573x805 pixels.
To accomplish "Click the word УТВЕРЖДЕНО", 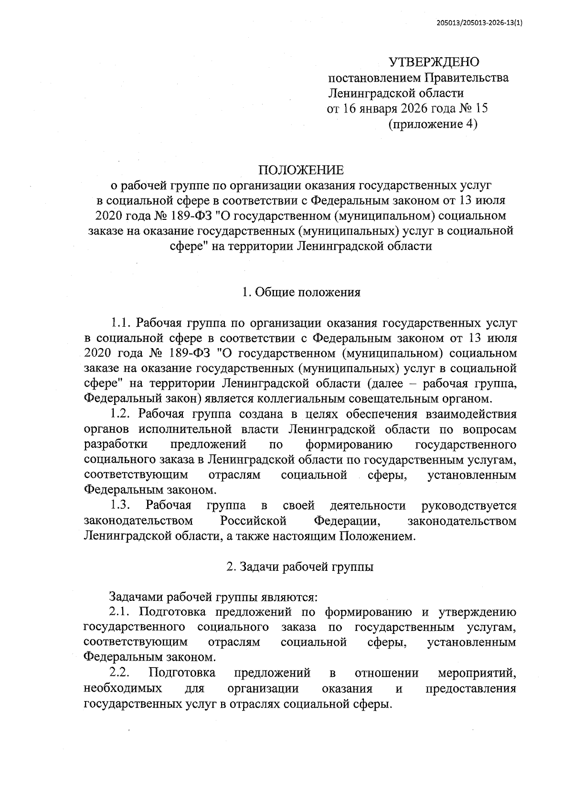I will tap(434, 62).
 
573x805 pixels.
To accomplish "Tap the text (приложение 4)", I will tap(433, 124).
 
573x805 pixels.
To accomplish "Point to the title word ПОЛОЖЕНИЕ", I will tap(301, 170).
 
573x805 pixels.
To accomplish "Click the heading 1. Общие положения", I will tap(301, 292).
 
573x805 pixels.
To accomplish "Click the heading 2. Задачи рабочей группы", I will tap(300, 567).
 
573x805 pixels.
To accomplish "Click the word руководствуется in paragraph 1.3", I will tap(469, 506).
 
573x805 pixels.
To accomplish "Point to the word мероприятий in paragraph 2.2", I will tap(477, 673).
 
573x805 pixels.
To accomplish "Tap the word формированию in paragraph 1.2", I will tap(349, 445).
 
